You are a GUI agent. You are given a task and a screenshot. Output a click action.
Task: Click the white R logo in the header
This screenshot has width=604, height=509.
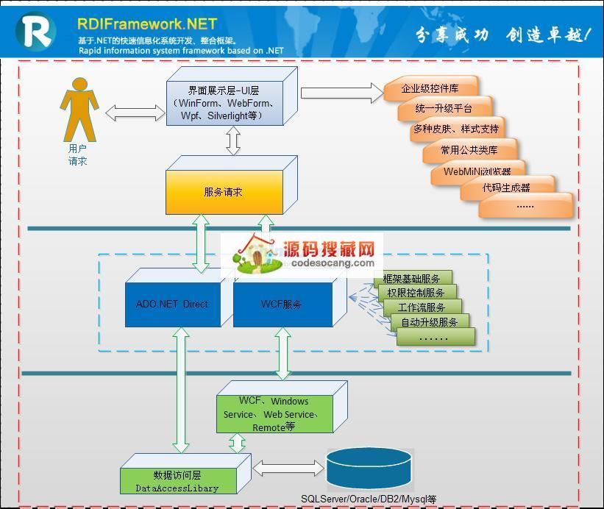tap(35, 31)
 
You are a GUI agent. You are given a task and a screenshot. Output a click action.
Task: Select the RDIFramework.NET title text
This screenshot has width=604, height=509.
tap(148, 24)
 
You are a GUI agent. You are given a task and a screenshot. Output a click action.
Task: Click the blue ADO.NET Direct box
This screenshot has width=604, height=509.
tap(173, 304)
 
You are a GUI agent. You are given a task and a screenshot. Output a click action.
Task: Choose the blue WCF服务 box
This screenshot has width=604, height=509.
tap(281, 304)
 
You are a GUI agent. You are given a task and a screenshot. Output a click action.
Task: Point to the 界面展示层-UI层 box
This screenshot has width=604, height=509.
tap(224, 103)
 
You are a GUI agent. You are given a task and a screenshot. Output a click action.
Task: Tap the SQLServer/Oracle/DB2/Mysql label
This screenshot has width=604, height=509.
tap(369, 499)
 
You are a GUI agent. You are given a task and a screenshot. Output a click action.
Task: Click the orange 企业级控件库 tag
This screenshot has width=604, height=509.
tap(430, 89)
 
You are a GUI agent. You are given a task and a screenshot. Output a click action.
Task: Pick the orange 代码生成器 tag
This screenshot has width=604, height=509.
tap(507, 188)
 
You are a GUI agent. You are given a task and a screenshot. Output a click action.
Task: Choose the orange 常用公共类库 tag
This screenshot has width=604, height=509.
tap(469, 150)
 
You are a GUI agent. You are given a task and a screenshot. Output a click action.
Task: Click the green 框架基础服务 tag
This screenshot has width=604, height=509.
tap(412, 279)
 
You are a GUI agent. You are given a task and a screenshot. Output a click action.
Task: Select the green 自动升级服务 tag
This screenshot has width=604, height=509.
tap(429, 322)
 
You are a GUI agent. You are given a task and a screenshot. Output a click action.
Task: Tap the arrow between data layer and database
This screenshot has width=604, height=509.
tap(288, 468)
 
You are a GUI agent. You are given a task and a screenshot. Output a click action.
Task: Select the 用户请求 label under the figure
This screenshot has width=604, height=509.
tap(77, 154)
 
